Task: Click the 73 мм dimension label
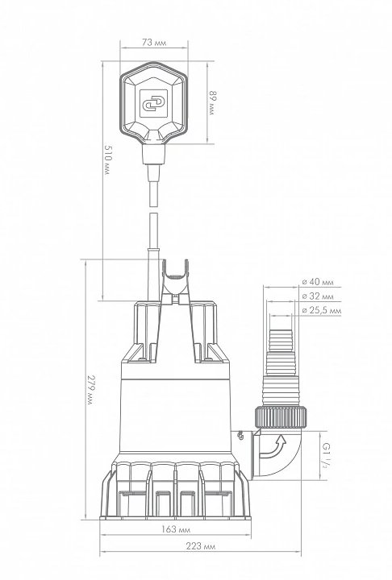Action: pyautogui.click(x=154, y=43)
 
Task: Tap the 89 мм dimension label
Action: pyautogui.click(x=211, y=103)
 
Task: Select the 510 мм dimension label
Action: pyautogui.click(x=108, y=159)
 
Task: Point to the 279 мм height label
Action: pyautogui.click(x=90, y=390)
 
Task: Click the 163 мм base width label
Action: pyautogui.click(x=176, y=529)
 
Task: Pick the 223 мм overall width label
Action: pyautogui.click(x=201, y=546)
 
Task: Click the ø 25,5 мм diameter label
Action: pyautogui.click(x=321, y=310)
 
